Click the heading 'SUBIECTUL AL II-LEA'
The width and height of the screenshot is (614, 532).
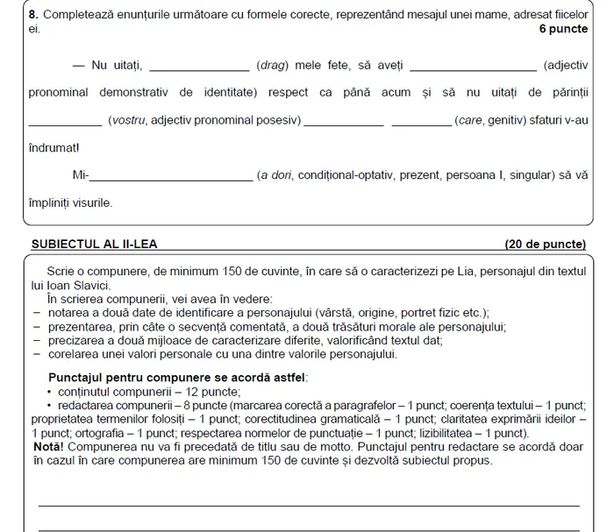(x=95, y=243)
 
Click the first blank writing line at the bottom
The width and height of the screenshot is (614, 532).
(x=307, y=505)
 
